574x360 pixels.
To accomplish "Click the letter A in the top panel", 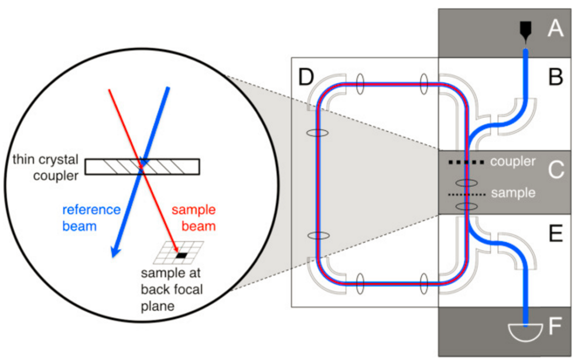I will tap(554, 28).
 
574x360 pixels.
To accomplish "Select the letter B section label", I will tap(554, 76).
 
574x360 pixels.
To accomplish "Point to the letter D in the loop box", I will tap(310, 76).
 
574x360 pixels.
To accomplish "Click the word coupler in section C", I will tap(513, 161).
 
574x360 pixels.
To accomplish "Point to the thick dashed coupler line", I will tap(466, 162).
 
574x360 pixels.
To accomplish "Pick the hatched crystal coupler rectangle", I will tap(142, 167).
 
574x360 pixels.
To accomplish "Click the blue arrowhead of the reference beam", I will tap(114, 251).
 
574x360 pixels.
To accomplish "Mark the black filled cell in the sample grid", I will tap(182, 255).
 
